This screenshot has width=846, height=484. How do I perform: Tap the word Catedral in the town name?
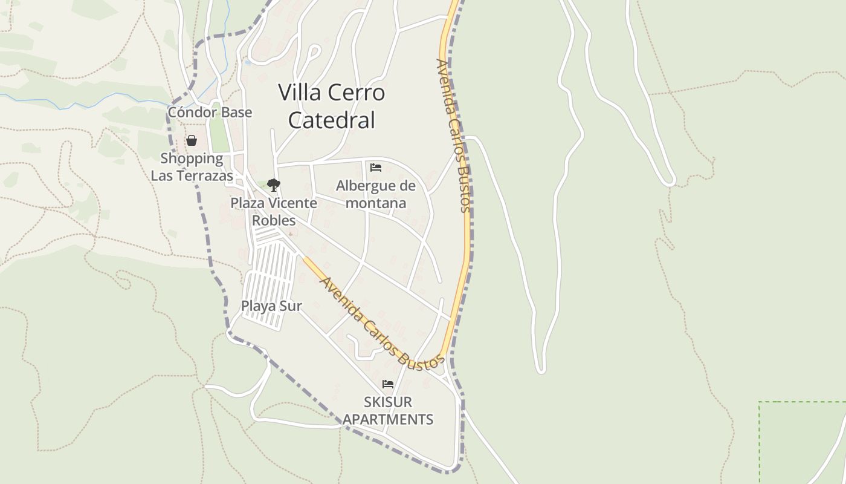[332, 120]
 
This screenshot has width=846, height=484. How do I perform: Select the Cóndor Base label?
[210, 113]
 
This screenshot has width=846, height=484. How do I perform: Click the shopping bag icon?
[192, 141]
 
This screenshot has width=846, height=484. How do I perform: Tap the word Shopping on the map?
[192, 159]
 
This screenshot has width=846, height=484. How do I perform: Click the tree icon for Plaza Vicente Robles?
[274, 185]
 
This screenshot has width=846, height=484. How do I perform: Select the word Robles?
[274, 220]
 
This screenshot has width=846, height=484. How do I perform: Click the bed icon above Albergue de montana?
[376, 168]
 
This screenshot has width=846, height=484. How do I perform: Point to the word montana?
[376, 203]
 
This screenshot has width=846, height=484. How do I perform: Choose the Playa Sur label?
[271, 306]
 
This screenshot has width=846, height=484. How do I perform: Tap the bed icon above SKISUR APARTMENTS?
[388, 384]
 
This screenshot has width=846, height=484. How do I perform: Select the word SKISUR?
[388, 402]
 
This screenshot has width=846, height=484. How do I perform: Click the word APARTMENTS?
[388, 419]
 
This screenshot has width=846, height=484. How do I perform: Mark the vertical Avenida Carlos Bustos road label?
[453, 136]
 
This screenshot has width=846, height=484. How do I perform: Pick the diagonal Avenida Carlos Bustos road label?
[381, 324]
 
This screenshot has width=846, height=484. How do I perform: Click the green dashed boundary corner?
[760, 402]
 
